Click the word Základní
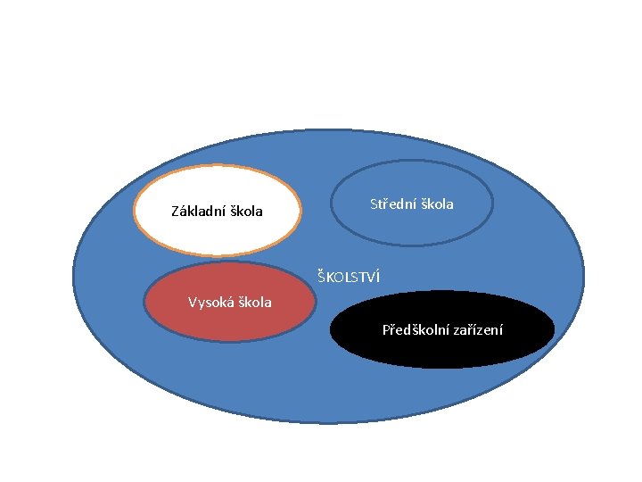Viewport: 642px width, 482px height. tap(198, 212)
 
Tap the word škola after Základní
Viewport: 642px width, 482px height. tap(246, 212)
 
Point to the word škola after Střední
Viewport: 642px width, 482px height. tap(437, 204)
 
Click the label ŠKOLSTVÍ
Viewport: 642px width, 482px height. tap(349, 277)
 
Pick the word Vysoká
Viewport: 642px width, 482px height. tap(210, 302)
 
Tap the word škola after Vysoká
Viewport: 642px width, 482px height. tap(254, 302)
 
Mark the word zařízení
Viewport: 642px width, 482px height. tap(479, 330)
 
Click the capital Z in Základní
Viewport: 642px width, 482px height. tap(175, 212)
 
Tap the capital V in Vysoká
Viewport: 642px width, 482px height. tap(192, 302)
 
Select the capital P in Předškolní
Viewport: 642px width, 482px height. tap(386, 330)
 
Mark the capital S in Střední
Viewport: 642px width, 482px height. tap(374, 204)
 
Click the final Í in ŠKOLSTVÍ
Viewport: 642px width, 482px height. tap(377, 277)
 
